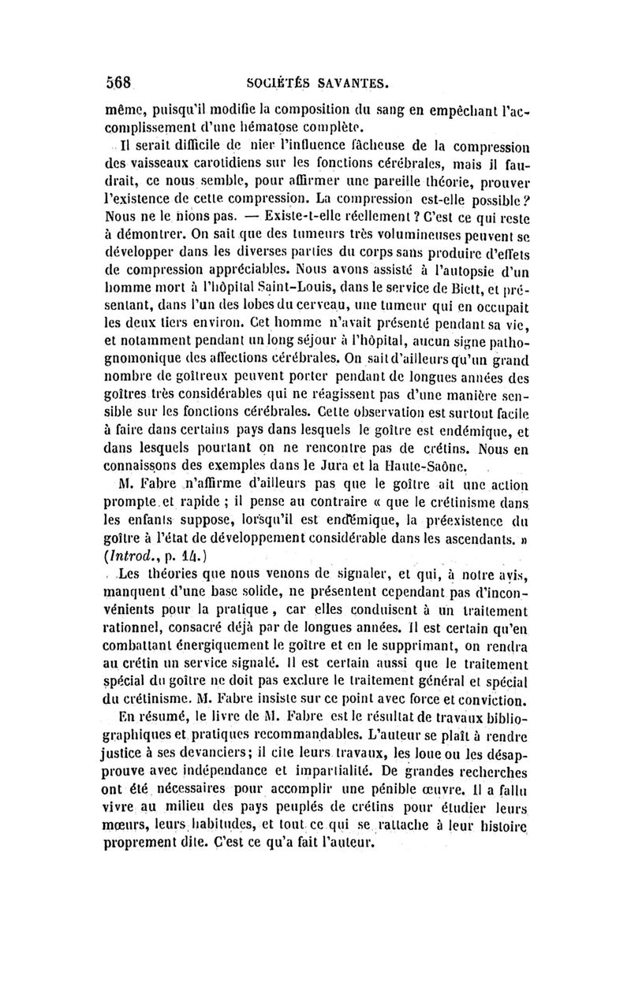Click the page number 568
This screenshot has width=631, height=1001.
[x=121, y=80]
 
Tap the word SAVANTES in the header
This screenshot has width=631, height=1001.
[x=351, y=81]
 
